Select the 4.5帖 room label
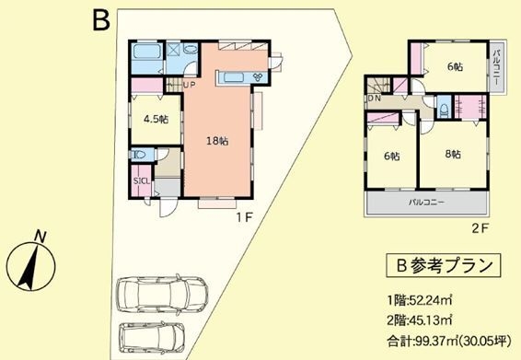click(155, 120)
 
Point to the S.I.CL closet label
click(142, 180)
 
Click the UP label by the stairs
click(189, 87)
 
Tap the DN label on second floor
click(375, 98)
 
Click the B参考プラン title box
click(444, 266)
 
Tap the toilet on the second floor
click(445, 110)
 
